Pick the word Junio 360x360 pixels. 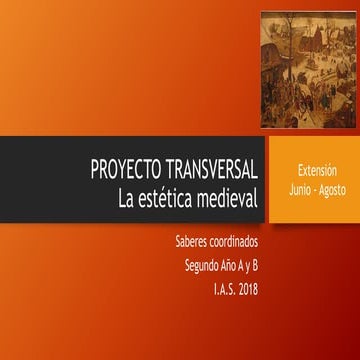tap(297, 189)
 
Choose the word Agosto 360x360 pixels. tap(330, 189)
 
